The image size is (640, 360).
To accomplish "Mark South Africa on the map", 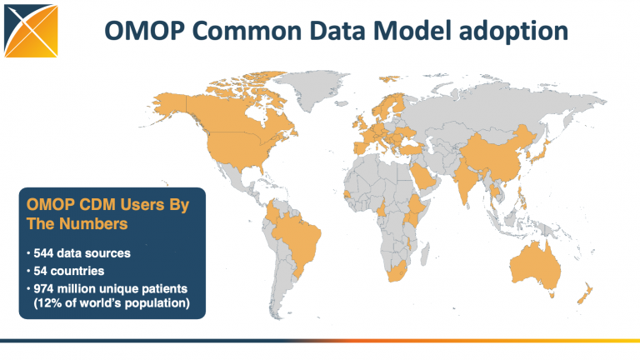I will coord(398,270).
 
